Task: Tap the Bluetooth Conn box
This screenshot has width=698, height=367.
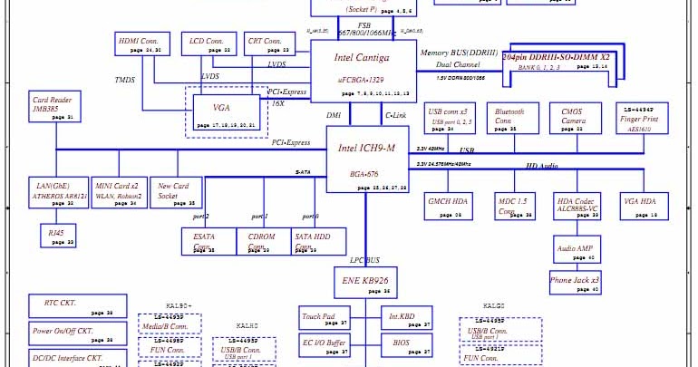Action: [510, 121]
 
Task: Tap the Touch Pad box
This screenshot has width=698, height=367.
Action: [324, 318]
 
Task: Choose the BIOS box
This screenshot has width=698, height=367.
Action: [402, 344]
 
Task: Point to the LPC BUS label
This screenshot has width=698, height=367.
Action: [366, 260]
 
